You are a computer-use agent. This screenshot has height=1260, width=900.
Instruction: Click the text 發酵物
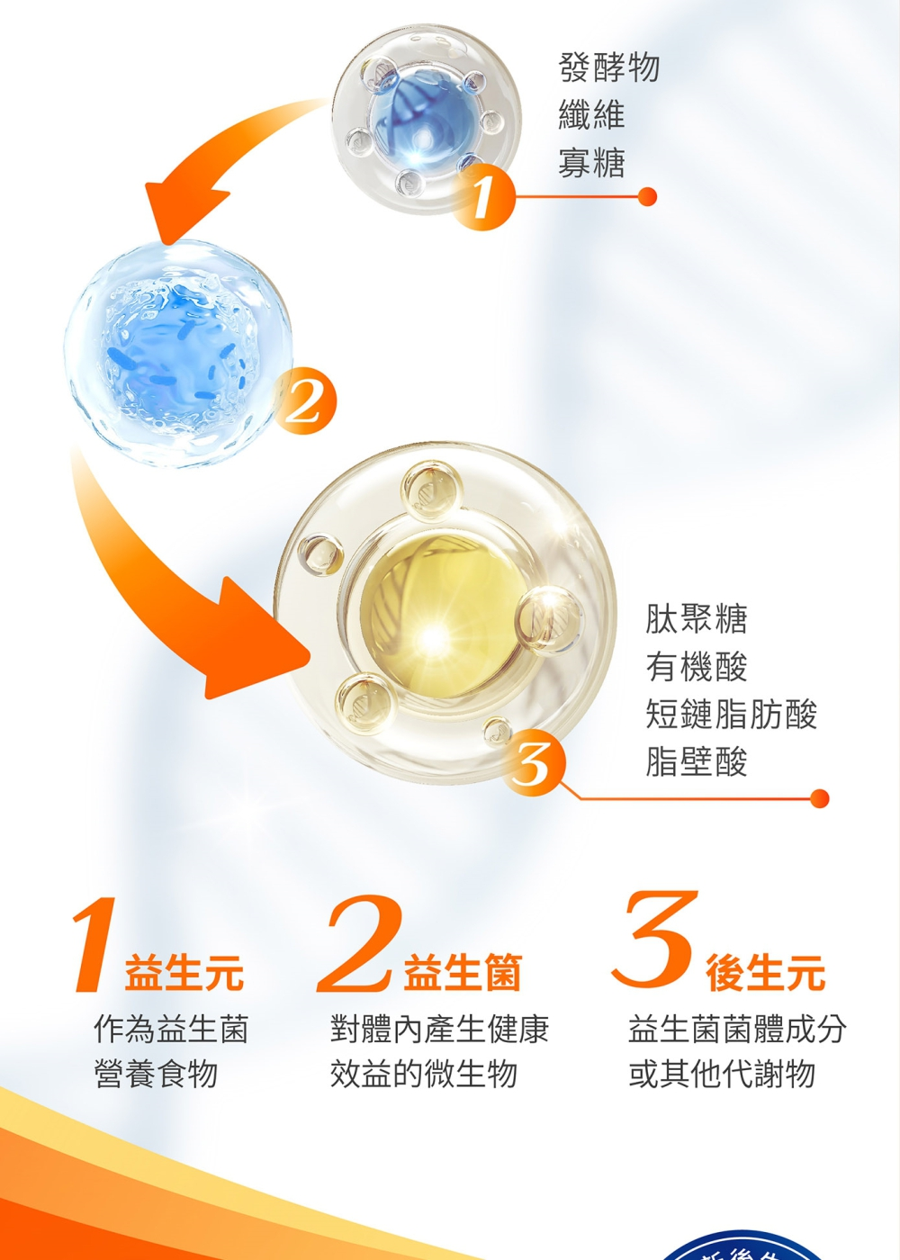pyautogui.click(x=608, y=68)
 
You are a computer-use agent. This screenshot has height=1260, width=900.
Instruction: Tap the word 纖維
pyautogui.click(x=592, y=115)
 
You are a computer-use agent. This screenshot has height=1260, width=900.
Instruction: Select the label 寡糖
pyautogui.click(x=592, y=163)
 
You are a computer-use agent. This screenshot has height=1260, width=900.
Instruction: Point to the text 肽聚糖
pyautogui.click(x=697, y=619)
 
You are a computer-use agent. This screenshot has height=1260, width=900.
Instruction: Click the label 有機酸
pyautogui.click(x=697, y=667)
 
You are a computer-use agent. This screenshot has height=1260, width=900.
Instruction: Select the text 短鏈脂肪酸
pyautogui.click(x=731, y=715)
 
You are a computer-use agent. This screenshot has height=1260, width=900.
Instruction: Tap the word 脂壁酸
pyautogui.click(x=697, y=761)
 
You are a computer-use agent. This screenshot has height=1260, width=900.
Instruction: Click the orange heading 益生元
pyautogui.click(x=184, y=972)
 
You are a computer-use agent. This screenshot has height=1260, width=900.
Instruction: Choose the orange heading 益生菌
pyautogui.click(x=463, y=972)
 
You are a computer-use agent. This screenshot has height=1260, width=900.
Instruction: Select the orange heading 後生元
pyautogui.click(x=766, y=972)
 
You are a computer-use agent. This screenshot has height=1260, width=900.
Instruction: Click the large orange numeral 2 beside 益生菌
pyautogui.click(x=359, y=944)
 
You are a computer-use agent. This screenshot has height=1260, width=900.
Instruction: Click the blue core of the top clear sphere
pyautogui.click(x=423, y=118)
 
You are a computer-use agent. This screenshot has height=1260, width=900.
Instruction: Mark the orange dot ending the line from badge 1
pyautogui.click(x=647, y=197)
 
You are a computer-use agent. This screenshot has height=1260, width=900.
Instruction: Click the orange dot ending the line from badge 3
pyautogui.click(x=820, y=797)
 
